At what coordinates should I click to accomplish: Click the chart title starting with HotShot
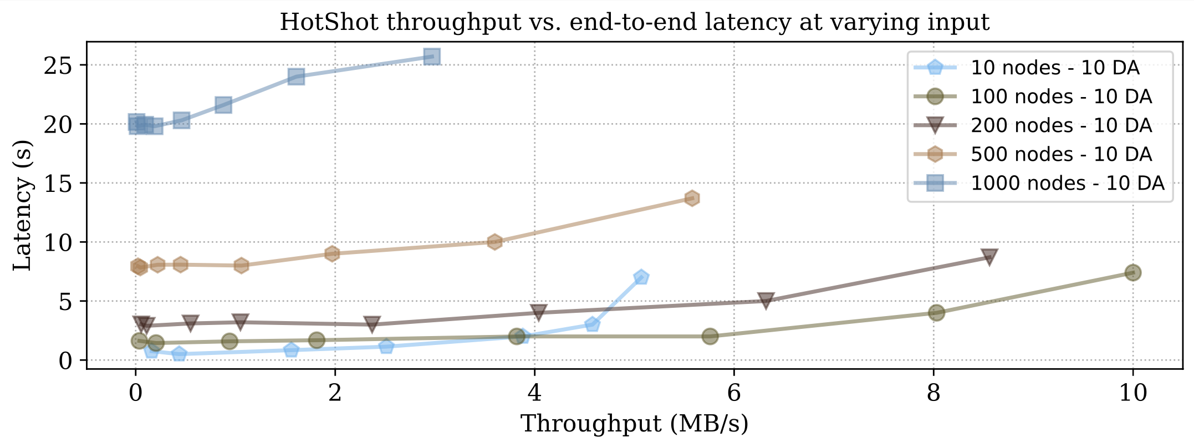(634, 23)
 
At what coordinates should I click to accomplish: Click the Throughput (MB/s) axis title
(634, 424)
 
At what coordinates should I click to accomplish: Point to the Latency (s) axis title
(22, 205)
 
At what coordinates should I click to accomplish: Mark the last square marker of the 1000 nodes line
(432, 57)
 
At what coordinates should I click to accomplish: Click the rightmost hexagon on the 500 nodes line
(691, 198)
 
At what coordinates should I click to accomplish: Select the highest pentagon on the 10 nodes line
(641, 277)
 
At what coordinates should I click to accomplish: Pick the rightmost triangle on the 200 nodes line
(989, 257)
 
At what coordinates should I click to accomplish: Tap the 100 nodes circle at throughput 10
(1132, 272)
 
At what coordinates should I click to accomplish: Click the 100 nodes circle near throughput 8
(936, 313)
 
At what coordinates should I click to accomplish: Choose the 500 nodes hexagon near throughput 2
(332, 253)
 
